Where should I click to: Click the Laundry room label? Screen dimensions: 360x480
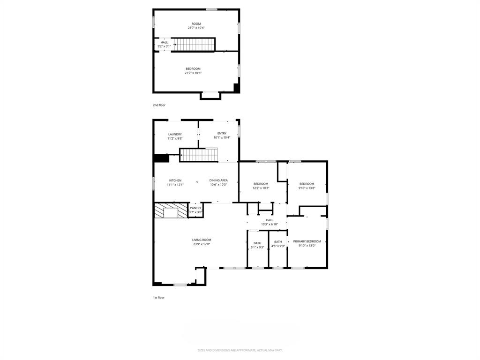tap(175, 136)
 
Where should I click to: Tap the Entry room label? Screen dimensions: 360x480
tap(222, 135)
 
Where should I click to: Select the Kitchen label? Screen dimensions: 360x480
tap(175, 182)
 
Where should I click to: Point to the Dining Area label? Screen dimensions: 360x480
tap(218, 182)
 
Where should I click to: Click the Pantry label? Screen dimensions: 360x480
tap(195, 210)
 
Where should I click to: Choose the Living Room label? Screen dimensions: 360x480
tap(202, 242)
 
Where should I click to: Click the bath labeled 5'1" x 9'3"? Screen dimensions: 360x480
tap(257, 245)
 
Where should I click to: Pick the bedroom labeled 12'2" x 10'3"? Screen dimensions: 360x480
tap(261, 186)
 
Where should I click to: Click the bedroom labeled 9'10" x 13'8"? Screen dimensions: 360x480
tap(307, 186)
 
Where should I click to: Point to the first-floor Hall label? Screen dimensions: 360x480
tap(270, 222)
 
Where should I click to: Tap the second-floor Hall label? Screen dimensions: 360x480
tap(164, 44)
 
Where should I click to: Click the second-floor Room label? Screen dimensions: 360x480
tap(196, 25)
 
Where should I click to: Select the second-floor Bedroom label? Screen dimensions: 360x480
tap(193, 71)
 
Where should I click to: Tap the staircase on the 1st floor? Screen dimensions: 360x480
tap(199, 154)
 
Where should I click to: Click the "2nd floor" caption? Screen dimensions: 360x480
tap(159, 105)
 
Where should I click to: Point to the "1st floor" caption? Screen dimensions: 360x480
tap(158, 297)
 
